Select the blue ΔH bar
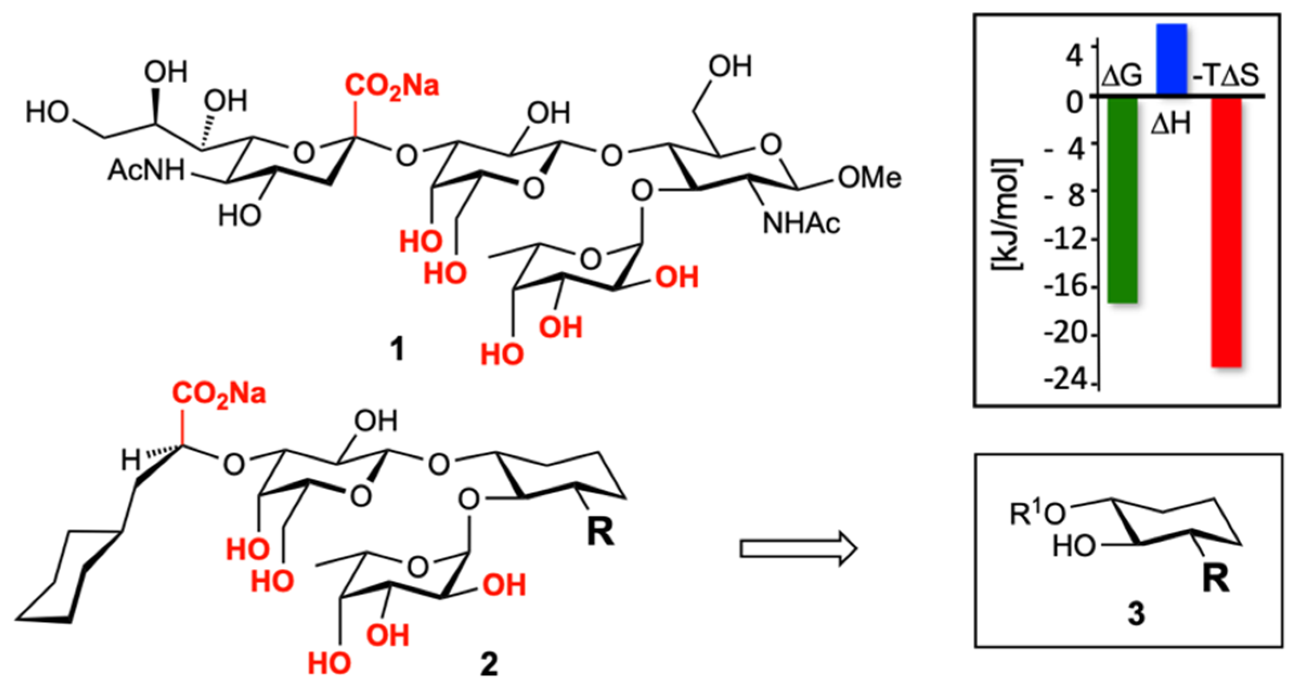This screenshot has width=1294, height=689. click(x=1172, y=60)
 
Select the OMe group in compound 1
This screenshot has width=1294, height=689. click(x=869, y=178)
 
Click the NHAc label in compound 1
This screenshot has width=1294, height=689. click(x=802, y=224)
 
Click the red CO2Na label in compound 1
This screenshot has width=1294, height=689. click(x=392, y=87)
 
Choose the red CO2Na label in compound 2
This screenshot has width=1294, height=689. click(x=219, y=394)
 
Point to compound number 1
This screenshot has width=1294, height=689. click(x=397, y=349)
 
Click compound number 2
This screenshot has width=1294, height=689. click(x=489, y=664)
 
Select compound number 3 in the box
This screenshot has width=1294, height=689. click(x=1136, y=614)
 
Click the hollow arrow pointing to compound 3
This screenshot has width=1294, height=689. click(x=798, y=549)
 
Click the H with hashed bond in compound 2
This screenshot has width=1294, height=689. click(x=131, y=461)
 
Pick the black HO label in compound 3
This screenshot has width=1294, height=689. click(x=1074, y=547)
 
